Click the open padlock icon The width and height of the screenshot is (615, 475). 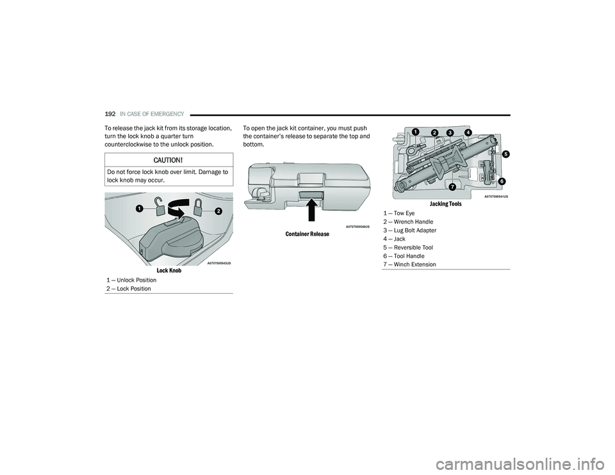click(160, 207)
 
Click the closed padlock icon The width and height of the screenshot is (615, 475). click(198, 206)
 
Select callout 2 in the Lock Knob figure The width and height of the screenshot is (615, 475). click(218, 211)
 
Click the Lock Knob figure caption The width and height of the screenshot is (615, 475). click(169, 271)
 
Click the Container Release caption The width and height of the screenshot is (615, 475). click(307, 234)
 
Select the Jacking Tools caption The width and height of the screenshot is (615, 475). click(446, 204)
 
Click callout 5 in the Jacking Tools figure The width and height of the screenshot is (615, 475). click(506, 154)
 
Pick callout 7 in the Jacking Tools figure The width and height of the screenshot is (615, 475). click(452, 186)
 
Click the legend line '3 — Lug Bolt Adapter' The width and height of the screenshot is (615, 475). click(410, 230)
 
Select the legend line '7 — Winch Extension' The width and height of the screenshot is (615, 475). click(410, 264)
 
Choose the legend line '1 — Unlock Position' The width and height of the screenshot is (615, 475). click(131, 280)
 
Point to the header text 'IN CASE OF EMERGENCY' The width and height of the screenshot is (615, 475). click(152, 114)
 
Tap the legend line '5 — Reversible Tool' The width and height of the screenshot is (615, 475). click(408, 248)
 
